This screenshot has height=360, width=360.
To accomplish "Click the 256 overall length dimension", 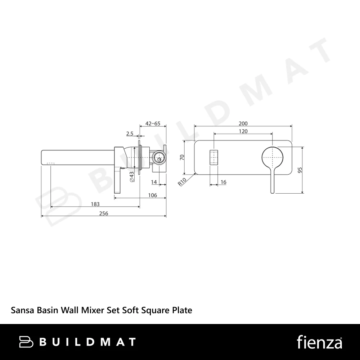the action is (104, 213).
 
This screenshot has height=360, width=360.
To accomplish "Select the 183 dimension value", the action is (95, 204).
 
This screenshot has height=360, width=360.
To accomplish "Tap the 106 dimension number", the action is (152, 195).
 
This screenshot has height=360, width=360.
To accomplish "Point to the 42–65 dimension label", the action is (153, 123).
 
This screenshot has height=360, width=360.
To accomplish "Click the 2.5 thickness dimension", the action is (130, 134).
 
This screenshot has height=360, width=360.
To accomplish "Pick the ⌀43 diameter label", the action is (132, 177).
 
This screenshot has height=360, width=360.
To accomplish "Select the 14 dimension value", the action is (154, 182).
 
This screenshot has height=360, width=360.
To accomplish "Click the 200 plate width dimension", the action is (243, 123).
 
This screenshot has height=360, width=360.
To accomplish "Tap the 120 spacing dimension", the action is (243, 131).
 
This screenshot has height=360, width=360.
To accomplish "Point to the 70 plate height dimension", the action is (182, 157).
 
